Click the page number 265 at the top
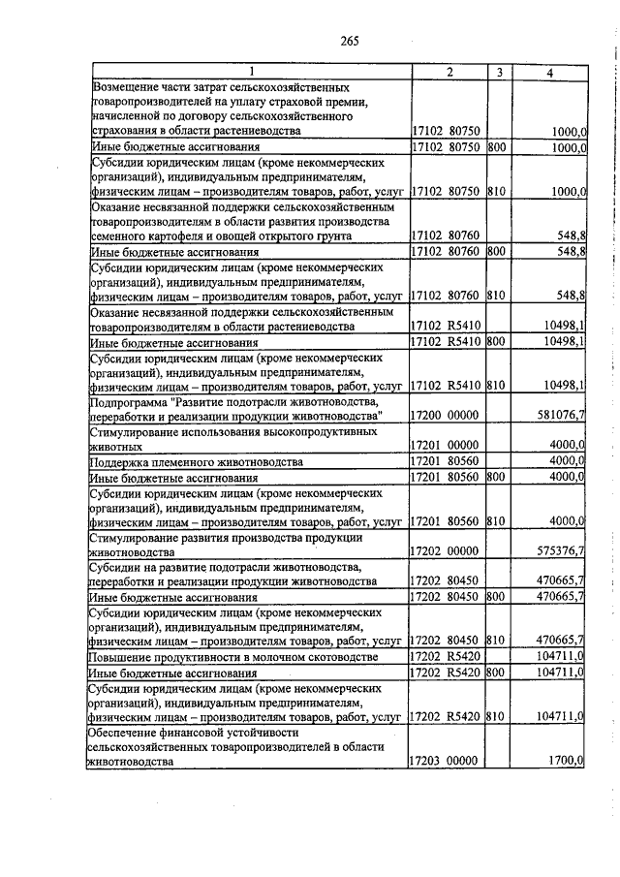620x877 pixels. tap(350, 40)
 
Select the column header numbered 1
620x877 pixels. tap(252, 73)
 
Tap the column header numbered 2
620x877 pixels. tap(449, 73)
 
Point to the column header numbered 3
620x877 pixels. tap(499, 73)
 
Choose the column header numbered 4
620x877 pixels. tap(549, 73)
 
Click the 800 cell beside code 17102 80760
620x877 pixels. tap(497, 252)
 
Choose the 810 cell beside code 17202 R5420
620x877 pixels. tap(497, 718)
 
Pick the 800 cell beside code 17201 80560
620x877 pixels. tap(497, 478)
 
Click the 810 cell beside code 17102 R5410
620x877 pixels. tap(497, 386)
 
